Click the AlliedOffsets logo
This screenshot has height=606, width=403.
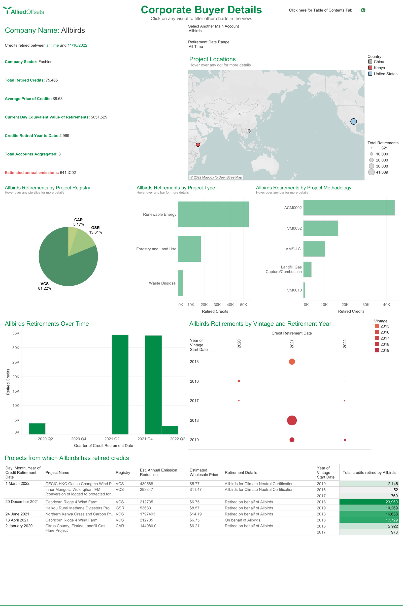click(24, 11)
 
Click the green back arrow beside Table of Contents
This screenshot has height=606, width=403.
click(363, 10)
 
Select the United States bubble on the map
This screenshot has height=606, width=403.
click(353, 122)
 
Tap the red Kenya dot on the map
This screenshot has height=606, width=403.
click(198, 145)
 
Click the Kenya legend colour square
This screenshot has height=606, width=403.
click(370, 68)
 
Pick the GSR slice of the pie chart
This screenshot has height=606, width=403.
click(84, 240)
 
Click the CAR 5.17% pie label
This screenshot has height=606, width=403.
click(79, 222)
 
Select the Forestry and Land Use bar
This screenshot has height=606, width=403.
click(189, 249)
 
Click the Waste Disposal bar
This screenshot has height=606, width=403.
click(180, 283)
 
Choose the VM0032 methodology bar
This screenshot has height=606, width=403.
click(320, 228)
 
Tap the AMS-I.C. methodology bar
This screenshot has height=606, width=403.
click(314, 249)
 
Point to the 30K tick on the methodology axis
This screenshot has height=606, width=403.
click(366, 305)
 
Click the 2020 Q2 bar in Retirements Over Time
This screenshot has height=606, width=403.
click(37, 429)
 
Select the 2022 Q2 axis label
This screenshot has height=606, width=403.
click(177, 439)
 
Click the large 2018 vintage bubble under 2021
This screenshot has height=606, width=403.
click(292, 420)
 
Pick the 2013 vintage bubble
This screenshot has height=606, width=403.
click(292, 362)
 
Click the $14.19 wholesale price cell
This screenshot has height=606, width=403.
click(196, 514)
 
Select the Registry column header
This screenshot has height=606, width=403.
click(123, 473)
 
